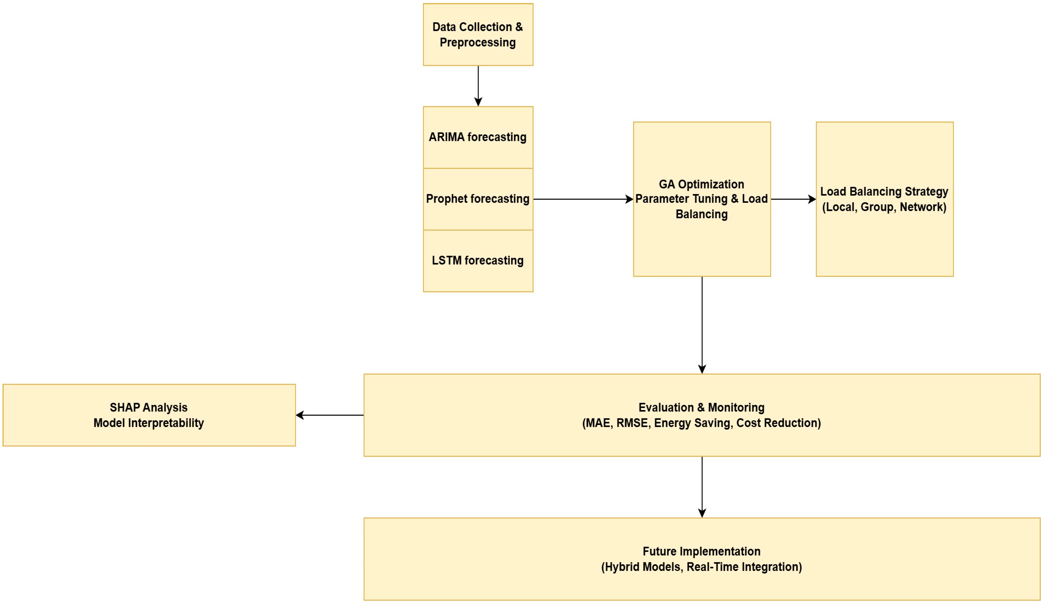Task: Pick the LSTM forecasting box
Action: [478, 277]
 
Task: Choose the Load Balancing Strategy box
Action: [884, 244]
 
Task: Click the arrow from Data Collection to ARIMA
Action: [478, 85]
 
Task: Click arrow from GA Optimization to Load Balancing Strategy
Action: [793, 199]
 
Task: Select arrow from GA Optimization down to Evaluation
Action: [702, 325]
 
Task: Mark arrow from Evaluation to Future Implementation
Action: [702, 486]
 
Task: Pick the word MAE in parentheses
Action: [598, 423]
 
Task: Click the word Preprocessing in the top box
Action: [478, 43]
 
